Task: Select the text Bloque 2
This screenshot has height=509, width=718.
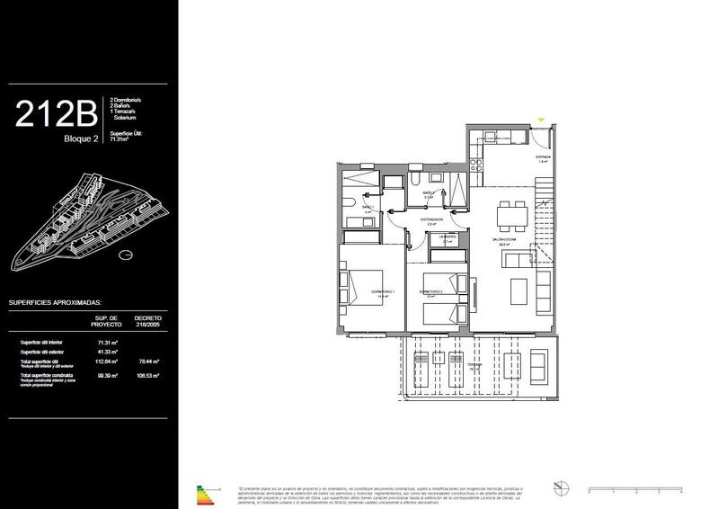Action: (x=82, y=138)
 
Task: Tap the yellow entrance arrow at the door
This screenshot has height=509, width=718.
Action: (x=540, y=121)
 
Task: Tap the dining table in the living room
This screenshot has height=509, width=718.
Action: (x=511, y=213)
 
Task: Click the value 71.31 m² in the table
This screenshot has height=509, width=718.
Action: (x=107, y=343)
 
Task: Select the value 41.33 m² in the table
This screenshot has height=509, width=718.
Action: (x=107, y=353)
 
